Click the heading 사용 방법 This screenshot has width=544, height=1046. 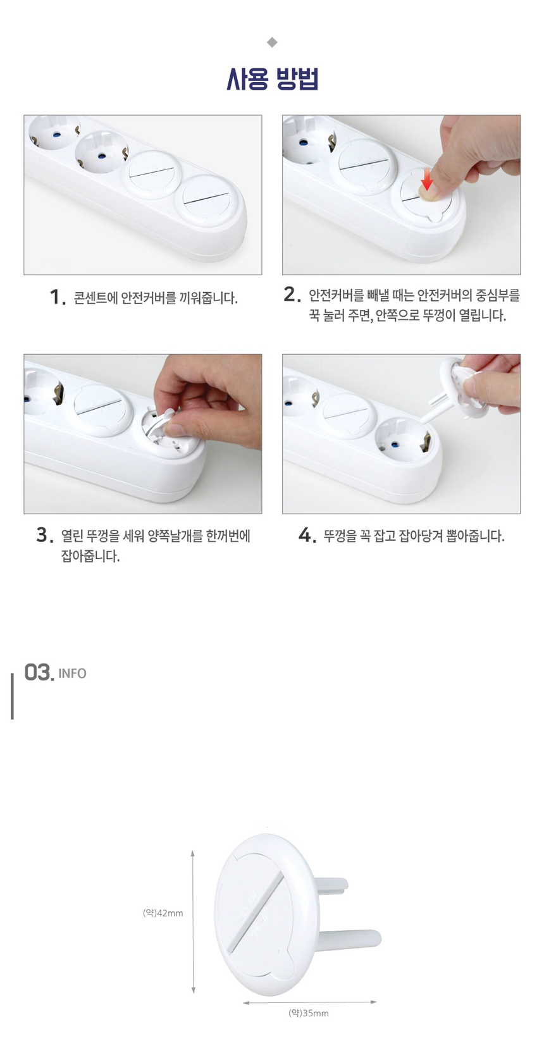point(272,80)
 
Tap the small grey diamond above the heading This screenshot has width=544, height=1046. point(272,42)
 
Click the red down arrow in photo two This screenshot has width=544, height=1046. point(427,179)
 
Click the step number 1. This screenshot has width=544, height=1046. point(57,297)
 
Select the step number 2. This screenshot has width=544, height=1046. point(291,294)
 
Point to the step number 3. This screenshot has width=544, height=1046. point(44,535)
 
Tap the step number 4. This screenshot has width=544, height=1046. point(307,536)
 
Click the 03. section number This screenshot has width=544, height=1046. point(39,672)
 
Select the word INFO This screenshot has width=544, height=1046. point(72,674)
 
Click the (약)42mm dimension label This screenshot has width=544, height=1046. point(163,913)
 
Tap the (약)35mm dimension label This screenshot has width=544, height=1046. point(309,1013)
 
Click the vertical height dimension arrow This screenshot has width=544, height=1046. point(193,921)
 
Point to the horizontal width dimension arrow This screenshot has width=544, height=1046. point(309,1002)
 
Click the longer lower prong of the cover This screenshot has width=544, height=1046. point(354,939)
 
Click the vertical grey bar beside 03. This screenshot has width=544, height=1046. point(12,696)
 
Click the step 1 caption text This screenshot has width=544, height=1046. point(156,298)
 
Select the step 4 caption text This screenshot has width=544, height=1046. point(414,536)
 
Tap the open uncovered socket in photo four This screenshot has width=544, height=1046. point(402,438)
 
